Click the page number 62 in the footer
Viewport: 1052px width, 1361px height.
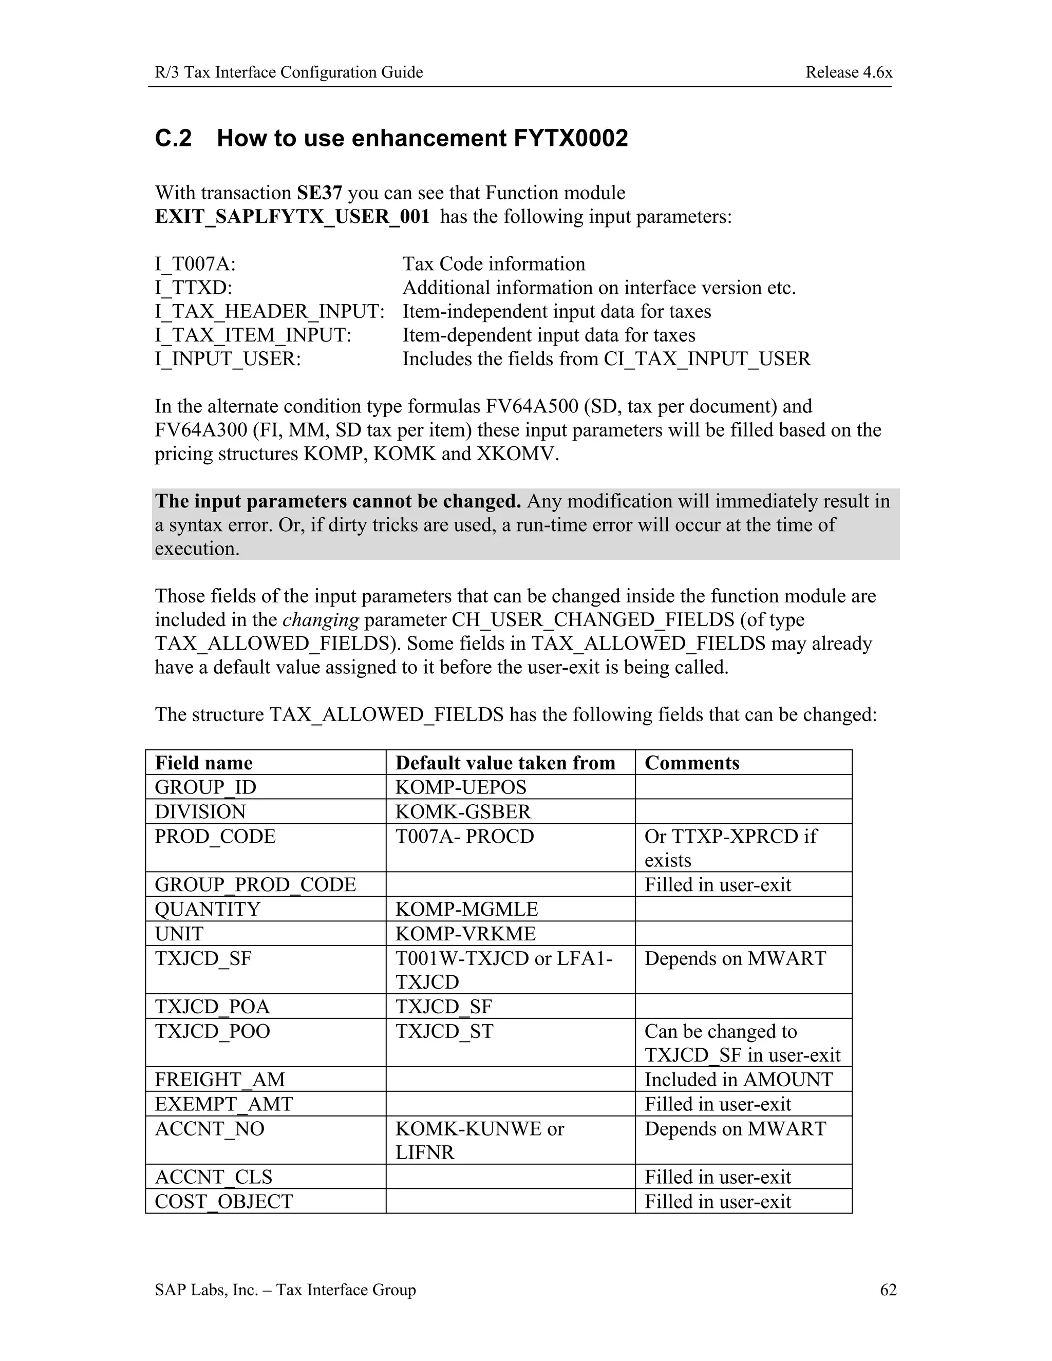point(888,1289)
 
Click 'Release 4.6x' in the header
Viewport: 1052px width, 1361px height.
point(848,72)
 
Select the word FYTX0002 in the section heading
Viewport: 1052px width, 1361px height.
point(570,138)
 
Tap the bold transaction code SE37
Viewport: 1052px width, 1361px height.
point(319,193)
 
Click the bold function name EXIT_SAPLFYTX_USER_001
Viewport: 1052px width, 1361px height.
point(292,216)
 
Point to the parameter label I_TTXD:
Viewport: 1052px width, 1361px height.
point(193,288)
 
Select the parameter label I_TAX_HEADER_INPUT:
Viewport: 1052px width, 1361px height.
point(269,312)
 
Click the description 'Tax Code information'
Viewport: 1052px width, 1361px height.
point(494,264)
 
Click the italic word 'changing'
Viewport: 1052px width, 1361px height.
point(321,619)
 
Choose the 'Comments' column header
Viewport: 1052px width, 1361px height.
point(691,763)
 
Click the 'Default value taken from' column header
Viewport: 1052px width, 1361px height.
point(505,763)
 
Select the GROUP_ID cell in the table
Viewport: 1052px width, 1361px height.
point(205,787)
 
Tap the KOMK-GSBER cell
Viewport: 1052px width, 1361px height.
point(462,811)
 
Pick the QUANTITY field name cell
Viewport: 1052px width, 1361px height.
point(207,909)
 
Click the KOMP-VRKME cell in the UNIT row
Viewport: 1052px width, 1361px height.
point(465,934)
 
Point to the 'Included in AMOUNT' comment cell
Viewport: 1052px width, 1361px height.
point(738,1080)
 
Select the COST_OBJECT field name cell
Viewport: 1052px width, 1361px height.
point(224,1201)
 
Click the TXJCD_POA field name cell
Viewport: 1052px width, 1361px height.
point(212,1007)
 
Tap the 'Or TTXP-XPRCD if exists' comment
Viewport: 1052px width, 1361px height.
point(730,847)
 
